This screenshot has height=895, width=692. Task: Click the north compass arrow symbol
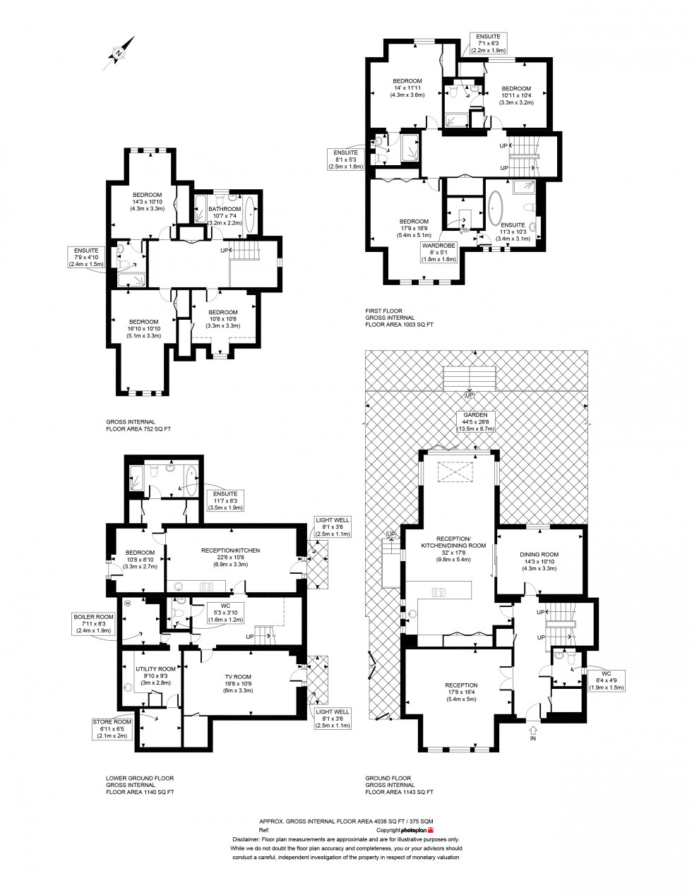click(118, 52)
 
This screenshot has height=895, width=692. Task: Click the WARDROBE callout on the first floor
click(439, 251)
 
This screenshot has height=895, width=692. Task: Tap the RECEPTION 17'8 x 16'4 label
click(460, 690)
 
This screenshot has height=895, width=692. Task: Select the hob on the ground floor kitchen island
click(438, 591)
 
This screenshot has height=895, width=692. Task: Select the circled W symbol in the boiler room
click(128, 603)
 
